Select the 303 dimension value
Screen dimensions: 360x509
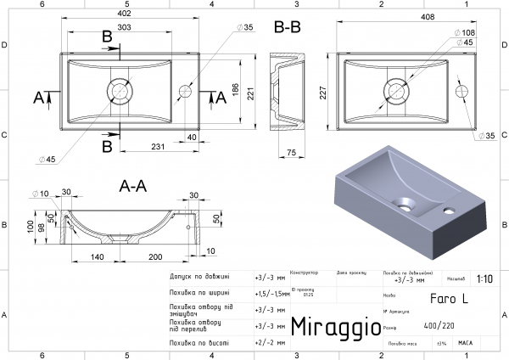click(124, 28)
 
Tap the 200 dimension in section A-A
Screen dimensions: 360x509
click(154, 256)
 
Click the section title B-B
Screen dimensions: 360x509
click(288, 27)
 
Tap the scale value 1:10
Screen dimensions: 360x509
click(485, 278)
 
